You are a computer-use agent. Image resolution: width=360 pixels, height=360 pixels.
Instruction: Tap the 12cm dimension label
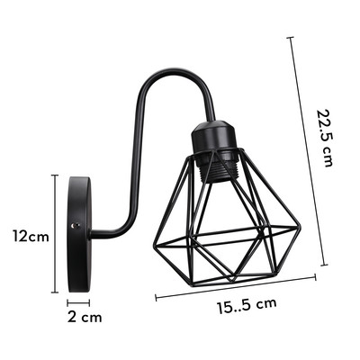(x=30, y=236)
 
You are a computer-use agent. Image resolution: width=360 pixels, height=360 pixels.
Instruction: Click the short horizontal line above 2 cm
(x=78, y=302)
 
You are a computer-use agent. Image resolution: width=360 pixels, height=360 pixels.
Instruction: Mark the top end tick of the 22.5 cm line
(x=291, y=38)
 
